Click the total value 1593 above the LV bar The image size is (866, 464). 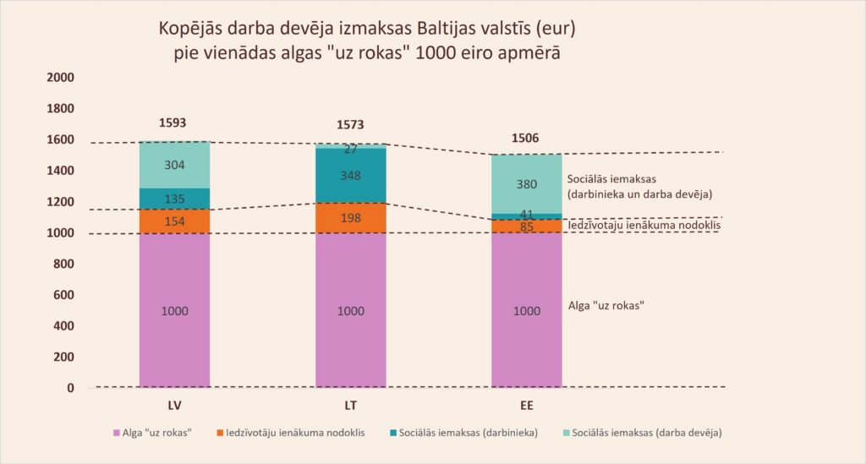[173, 123]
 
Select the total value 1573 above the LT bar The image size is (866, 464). [350, 126]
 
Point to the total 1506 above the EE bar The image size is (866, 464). [526, 139]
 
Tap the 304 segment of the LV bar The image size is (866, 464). [173, 166]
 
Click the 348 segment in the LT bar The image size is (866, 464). [350, 177]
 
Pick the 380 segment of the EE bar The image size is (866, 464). [526, 184]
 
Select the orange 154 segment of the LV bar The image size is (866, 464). [173, 221]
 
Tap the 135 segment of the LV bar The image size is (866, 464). [173, 199]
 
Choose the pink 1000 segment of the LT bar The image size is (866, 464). [350, 311]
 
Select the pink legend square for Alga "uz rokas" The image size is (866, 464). [116, 433]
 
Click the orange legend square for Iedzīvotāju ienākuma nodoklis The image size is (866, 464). [221, 433]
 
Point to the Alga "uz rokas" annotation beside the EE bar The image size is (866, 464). [606, 303]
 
